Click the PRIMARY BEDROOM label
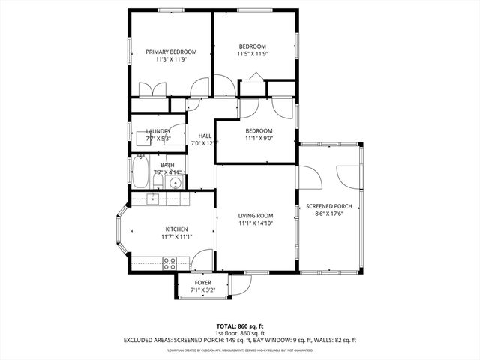pos(171,52)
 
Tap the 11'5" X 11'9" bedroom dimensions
pos(252,54)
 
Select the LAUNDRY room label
pos(157,131)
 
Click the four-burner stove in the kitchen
pos(169,262)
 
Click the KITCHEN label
pos(176,229)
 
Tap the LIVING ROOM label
pos(256,215)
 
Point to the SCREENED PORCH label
pos(328,206)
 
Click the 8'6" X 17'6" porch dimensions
pos(328,214)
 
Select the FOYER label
pos(202,282)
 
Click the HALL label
pos(204,136)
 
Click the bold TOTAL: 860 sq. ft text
pos(239,326)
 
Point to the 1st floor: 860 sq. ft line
pos(239,333)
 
